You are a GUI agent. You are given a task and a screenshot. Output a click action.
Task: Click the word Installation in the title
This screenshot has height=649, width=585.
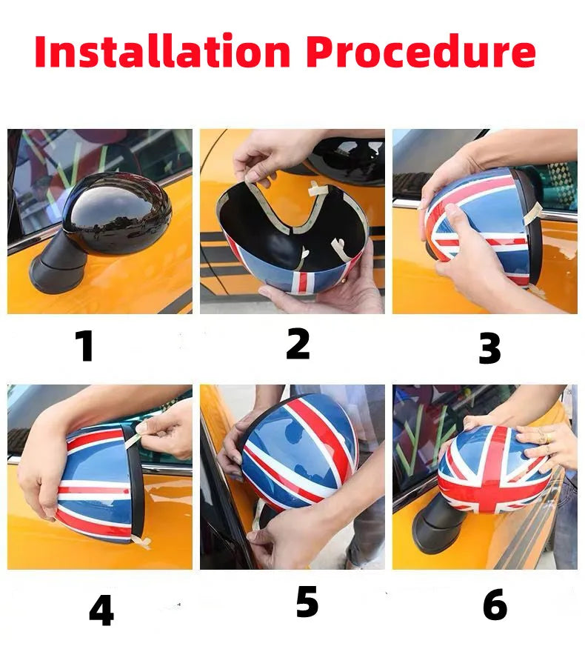163,51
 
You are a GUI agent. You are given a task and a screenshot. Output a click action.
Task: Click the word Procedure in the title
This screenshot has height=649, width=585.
421,51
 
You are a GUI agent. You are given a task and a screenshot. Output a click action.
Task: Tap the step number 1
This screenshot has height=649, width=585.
85,347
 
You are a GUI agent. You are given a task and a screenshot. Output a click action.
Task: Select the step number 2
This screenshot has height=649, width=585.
298,343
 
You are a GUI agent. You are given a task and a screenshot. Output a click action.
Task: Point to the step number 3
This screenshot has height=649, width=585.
489,349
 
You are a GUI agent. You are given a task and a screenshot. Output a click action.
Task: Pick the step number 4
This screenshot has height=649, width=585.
101,610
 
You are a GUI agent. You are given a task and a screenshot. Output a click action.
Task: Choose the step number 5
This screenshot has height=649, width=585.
307,602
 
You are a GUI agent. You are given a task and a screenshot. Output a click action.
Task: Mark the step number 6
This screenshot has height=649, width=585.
495,605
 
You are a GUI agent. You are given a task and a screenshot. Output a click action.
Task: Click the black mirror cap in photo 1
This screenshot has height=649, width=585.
118,213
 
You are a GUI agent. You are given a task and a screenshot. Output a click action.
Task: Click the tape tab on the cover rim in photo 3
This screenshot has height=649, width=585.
533,213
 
